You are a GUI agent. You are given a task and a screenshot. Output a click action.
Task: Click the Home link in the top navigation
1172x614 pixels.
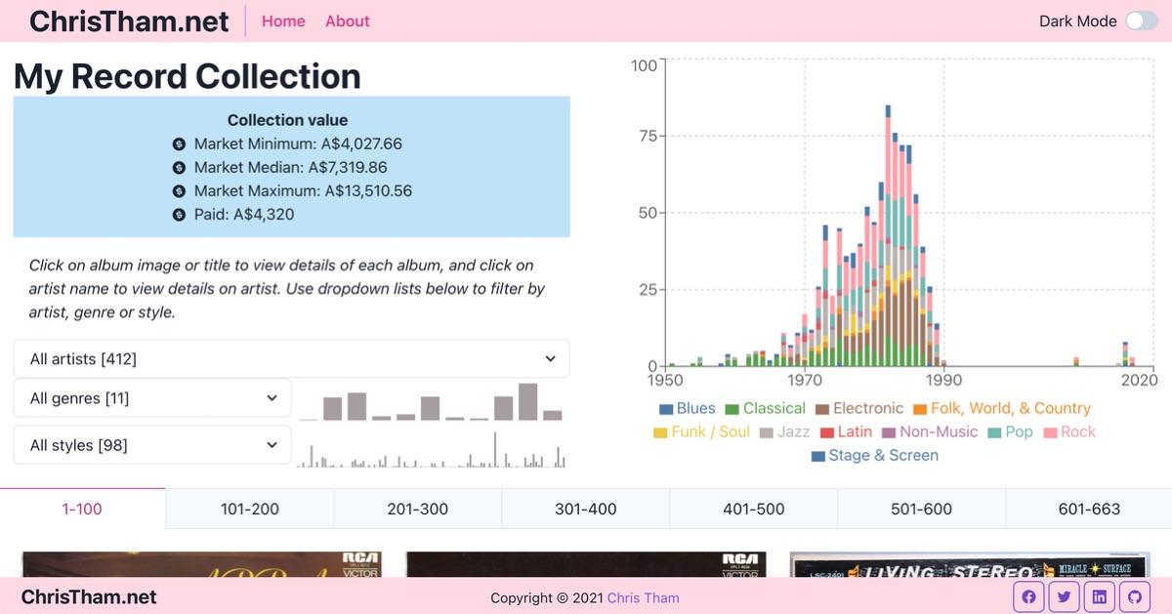tap(283, 21)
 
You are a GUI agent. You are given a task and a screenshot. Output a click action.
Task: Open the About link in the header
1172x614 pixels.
tap(347, 21)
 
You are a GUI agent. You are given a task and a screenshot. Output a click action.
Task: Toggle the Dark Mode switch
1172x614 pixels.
tap(1141, 21)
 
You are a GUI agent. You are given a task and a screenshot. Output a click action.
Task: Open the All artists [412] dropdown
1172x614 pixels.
tap(291, 359)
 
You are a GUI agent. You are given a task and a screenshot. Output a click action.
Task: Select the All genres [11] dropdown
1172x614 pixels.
tap(152, 398)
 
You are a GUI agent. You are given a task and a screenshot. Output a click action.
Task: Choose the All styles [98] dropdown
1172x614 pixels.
tap(152, 445)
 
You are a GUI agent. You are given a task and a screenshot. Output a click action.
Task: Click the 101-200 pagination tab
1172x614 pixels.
tap(250, 509)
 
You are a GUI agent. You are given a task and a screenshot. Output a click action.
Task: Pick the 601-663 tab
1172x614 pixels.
tap(1089, 509)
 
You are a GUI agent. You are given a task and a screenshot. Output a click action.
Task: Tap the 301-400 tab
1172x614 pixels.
tap(585, 509)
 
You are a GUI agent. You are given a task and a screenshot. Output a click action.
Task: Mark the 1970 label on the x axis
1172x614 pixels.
tap(805, 381)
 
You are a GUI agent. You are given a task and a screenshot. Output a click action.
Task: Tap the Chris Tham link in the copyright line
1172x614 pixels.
tap(643, 597)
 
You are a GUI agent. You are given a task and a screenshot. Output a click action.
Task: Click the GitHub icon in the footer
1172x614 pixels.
tap(1135, 597)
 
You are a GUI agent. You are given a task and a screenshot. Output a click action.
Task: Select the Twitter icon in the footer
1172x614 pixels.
tap(1064, 597)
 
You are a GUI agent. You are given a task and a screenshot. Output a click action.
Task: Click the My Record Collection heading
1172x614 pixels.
tap(188, 76)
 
